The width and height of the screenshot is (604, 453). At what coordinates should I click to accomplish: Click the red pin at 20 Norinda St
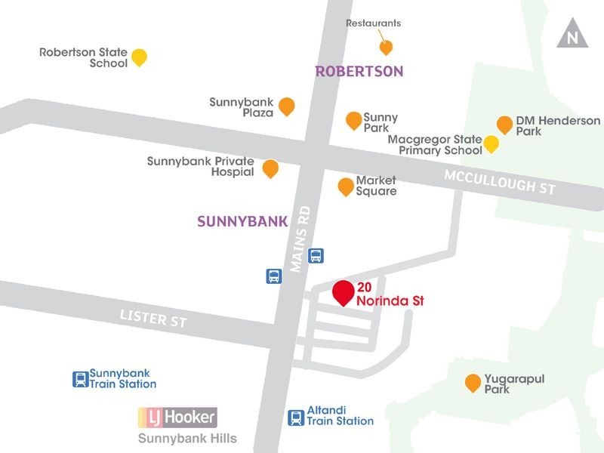(344, 292)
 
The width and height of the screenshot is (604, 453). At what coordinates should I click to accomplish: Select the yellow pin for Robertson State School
(139, 57)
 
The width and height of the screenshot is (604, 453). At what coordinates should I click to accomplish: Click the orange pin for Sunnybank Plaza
(286, 106)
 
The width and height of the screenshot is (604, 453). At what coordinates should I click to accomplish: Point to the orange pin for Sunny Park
(353, 120)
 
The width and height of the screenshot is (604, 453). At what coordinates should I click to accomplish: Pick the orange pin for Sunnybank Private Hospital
(270, 168)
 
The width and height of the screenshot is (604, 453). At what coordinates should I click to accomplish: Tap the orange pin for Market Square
(346, 186)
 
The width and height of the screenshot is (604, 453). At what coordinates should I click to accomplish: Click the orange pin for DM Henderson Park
(504, 125)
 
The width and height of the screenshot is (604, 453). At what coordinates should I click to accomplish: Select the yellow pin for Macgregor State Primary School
(492, 143)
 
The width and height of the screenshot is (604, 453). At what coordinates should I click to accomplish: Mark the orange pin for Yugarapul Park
(473, 383)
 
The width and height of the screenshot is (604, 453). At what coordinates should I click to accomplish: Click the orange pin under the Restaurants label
(386, 48)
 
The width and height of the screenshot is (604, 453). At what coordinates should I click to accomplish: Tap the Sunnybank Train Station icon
(80, 379)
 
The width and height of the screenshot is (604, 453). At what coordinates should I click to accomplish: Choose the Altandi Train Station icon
(297, 417)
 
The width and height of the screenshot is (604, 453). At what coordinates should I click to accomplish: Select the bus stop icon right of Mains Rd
(316, 256)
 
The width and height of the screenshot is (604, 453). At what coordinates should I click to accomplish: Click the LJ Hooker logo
(177, 416)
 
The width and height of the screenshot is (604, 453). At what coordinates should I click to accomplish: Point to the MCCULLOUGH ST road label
(500, 181)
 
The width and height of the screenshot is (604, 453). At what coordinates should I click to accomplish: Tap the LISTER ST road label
(153, 319)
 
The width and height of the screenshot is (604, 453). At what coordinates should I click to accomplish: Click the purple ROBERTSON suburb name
(359, 72)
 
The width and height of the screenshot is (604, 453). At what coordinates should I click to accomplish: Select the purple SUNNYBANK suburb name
(242, 222)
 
